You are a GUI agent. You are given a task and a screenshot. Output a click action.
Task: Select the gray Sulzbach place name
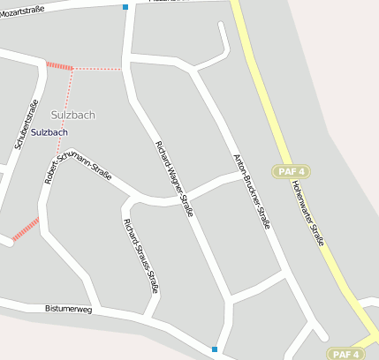72,115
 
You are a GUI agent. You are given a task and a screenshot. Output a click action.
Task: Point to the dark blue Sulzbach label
49,132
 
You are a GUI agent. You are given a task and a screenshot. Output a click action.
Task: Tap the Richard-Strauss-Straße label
141,255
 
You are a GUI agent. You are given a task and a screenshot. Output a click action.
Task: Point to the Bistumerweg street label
68,310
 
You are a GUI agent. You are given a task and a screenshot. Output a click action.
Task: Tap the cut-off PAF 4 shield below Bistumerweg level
344,354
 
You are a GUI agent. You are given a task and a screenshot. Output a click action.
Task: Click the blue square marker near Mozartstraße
125,7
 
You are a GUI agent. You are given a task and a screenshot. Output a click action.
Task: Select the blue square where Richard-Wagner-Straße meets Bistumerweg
215,349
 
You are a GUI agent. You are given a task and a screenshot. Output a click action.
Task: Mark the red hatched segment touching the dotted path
60,65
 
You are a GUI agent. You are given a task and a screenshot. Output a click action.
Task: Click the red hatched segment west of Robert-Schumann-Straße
26,229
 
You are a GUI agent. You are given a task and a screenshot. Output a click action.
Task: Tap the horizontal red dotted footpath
97,68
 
